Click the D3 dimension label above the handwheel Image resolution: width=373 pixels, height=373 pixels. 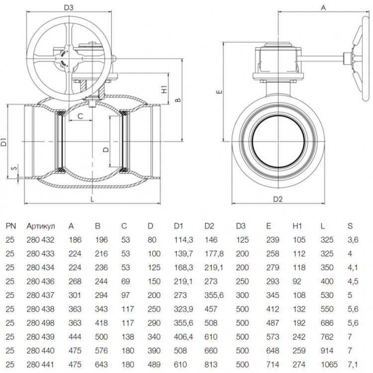click(x=69, y=7)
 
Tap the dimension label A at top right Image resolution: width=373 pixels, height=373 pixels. click(x=323, y=8)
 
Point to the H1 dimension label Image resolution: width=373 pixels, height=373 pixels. click(x=165, y=89)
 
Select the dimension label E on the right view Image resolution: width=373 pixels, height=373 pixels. click(x=220, y=92)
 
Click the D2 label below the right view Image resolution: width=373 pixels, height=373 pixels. click(x=278, y=199)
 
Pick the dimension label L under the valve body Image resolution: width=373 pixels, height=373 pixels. click(x=93, y=199)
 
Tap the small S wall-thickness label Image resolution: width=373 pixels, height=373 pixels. click(x=15, y=168)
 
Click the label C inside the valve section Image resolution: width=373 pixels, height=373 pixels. click(x=81, y=116)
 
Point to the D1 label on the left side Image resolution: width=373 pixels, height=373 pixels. click(x=4, y=142)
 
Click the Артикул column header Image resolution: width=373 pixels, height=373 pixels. click(x=41, y=226)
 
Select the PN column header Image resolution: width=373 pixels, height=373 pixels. click(x=11, y=226)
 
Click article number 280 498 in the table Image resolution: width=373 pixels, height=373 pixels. click(x=40, y=323)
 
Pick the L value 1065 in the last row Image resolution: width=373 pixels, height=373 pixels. click(x=329, y=365)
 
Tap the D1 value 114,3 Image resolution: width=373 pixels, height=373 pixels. click(x=184, y=240)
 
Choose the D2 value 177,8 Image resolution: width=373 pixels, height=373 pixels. click(x=214, y=254)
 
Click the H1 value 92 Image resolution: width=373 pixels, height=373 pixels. click(x=297, y=281)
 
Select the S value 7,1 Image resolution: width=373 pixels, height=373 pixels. click(x=353, y=365)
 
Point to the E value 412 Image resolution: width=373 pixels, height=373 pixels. click(x=273, y=309)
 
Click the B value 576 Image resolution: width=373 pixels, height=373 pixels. click(x=101, y=351)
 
